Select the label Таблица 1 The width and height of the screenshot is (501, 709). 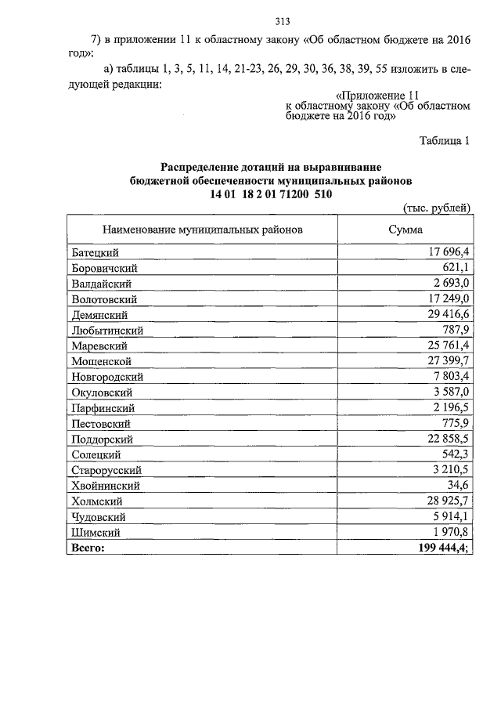tap(444, 141)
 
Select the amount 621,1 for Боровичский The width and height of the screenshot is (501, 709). tap(453, 268)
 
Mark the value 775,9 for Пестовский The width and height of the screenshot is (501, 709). tap(453, 423)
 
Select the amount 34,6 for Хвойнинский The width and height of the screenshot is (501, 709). tap(456, 485)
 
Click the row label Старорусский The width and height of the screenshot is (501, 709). tap(106, 470)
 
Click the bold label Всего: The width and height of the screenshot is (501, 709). tap(87, 548)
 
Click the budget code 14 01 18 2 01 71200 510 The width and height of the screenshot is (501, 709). tap(270, 194)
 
